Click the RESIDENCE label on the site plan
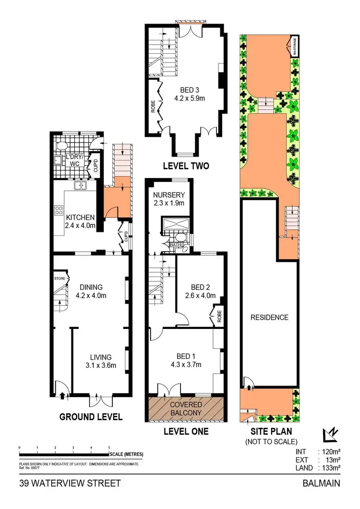click(x=269, y=317)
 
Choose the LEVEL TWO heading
click(x=186, y=167)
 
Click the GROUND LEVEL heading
click(x=91, y=416)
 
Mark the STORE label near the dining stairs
click(x=60, y=278)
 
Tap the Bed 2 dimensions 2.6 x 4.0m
click(x=200, y=295)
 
